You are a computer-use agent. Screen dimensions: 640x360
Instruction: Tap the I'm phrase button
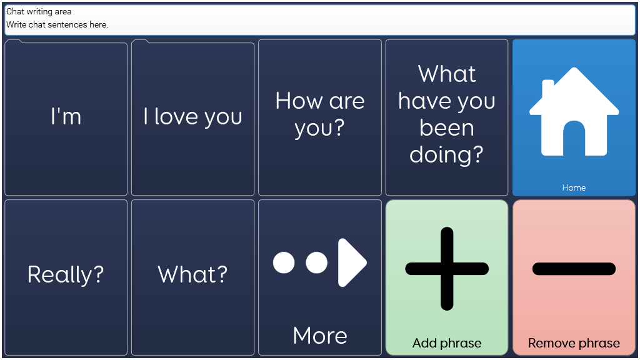pyautogui.click(x=66, y=117)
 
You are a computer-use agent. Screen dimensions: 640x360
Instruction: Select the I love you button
pyautogui.click(x=192, y=117)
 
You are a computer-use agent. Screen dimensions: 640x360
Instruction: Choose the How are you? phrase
pyautogui.click(x=319, y=117)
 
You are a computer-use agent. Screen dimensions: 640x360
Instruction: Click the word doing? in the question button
pyautogui.click(x=446, y=155)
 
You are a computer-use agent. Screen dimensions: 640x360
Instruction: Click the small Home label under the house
pyautogui.click(x=574, y=187)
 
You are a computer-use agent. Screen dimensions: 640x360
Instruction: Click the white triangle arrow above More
pyautogui.click(x=352, y=262)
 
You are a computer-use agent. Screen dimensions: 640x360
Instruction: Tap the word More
pyautogui.click(x=320, y=336)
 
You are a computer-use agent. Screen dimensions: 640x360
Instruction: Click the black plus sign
pyautogui.click(x=447, y=269)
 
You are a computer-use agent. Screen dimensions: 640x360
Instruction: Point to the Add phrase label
pyautogui.click(x=447, y=343)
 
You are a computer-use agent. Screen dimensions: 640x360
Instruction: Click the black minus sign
pyautogui.click(x=574, y=269)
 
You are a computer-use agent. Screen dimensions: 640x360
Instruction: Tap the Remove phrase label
pyautogui.click(x=574, y=343)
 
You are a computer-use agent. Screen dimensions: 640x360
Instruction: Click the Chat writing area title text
pyautogui.click(x=39, y=11)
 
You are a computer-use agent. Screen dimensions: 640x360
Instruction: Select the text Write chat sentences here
pyautogui.click(x=57, y=24)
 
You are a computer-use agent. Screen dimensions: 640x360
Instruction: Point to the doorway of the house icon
pyautogui.click(x=574, y=138)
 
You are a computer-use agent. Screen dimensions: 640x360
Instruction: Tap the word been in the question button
pyautogui.click(x=447, y=127)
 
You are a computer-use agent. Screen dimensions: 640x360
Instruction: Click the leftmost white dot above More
pyautogui.click(x=284, y=262)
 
